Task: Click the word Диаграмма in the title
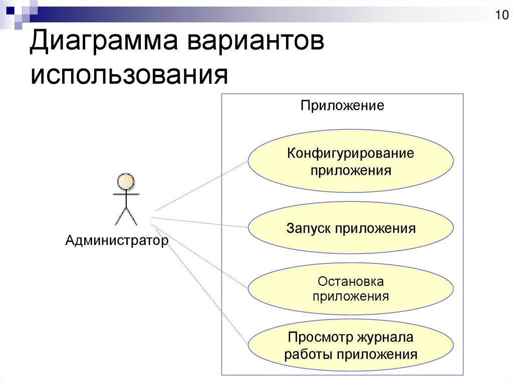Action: [x=104, y=41]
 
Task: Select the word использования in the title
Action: [x=129, y=75]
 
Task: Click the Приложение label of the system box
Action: [x=342, y=105]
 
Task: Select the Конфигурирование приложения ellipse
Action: [x=351, y=160]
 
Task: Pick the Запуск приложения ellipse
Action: [x=351, y=228]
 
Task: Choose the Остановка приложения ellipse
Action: [x=351, y=288]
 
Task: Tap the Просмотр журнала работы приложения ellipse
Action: [x=351, y=345]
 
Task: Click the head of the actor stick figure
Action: [x=126, y=182]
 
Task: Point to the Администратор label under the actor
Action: [x=117, y=240]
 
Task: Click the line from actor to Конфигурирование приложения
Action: [x=201, y=186]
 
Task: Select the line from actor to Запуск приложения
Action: [x=199, y=222]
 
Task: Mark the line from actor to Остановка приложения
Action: [x=199, y=256]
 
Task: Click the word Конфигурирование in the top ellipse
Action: [x=351, y=153]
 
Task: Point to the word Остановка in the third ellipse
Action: [x=351, y=281]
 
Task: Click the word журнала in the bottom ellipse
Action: [x=385, y=337]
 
